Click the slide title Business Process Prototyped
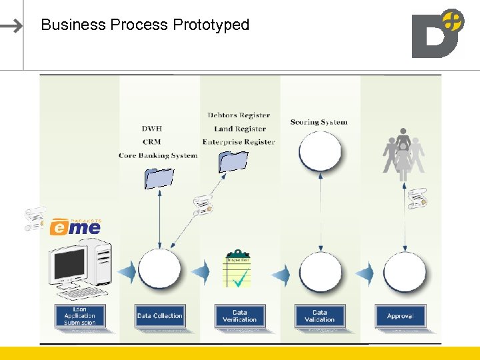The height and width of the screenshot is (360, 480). [145, 25]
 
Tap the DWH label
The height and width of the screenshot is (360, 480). [152, 129]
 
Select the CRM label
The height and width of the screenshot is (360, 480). [152, 142]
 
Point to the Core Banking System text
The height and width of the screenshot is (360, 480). [158, 155]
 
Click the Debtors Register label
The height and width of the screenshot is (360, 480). [239, 115]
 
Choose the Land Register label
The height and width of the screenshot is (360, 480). [240, 129]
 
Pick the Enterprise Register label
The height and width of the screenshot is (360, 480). [239, 142]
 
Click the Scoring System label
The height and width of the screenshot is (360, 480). [319, 122]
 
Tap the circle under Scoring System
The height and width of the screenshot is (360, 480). [320, 152]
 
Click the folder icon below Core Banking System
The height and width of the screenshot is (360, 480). [159, 177]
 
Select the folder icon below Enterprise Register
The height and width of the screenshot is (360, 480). [233, 162]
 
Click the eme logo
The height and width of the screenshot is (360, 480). [75, 227]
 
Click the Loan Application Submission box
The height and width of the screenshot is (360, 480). [80, 316]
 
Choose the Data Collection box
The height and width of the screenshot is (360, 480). [160, 316]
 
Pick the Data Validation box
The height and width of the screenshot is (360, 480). [320, 316]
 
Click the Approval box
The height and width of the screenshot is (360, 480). [400, 316]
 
